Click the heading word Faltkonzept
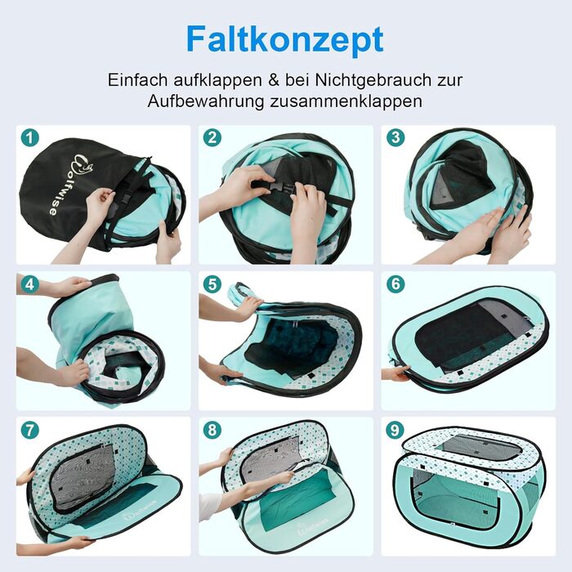(285, 40)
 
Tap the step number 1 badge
(30, 138)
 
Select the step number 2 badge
(212, 138)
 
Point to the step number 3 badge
(395, 138)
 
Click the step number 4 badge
(30, 284)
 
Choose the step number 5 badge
(212, 284)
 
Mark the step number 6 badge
(395, 284)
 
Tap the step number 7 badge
(30, 430)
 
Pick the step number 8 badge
(212, 430)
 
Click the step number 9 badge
(395, 430)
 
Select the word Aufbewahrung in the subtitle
(205, 101)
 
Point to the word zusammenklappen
(346, 101)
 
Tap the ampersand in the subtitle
(274, 80)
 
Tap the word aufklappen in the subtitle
(217, 81)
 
